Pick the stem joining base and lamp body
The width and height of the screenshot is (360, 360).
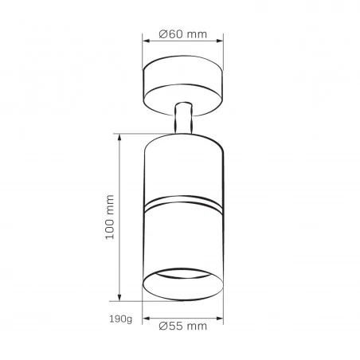pos(183,118)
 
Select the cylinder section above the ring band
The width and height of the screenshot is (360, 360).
pos(182,167)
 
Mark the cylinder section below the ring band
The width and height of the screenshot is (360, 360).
pos(182,239)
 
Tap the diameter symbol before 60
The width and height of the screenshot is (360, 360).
pos(162,34)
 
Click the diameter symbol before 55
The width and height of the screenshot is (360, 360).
pos(162,327)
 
